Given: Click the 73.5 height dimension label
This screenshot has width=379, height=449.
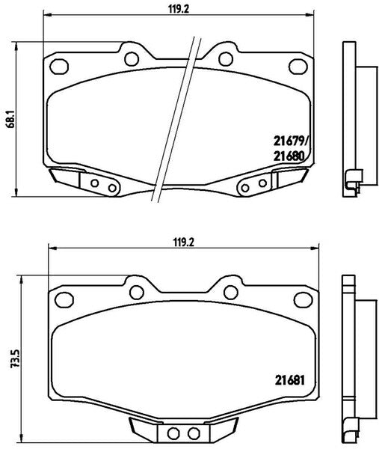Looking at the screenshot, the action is tap(16, 358).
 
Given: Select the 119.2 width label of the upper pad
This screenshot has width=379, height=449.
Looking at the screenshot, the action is tap(179, 9).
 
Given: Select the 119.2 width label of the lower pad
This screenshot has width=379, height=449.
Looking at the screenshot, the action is tap(184, 242).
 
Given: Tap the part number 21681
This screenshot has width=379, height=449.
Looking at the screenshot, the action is tap(290, 380).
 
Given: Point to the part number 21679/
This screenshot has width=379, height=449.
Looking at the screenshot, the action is tap(292, 141).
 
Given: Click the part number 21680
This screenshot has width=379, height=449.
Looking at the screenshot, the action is tap(289, 156).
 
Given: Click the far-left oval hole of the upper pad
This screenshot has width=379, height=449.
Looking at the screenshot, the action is tap(59, 67).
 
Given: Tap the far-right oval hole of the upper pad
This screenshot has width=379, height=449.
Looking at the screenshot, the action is tap(298, 67).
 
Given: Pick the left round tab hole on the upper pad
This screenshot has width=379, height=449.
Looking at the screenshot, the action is tap(132, 58).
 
